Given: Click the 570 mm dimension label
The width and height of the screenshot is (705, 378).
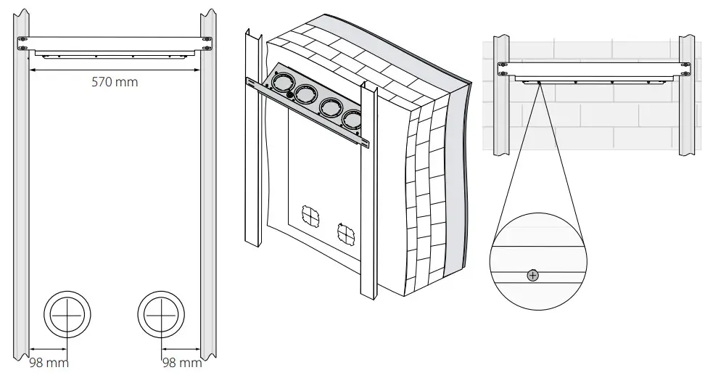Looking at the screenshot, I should (115, 82).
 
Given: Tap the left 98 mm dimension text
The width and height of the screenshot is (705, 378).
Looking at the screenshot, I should (49, 362).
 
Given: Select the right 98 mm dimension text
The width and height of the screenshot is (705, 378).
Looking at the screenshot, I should (181, 362).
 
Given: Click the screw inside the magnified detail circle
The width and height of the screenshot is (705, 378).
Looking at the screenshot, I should (533, 275).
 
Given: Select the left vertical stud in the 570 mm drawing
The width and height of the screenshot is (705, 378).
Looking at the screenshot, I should (22, 196).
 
